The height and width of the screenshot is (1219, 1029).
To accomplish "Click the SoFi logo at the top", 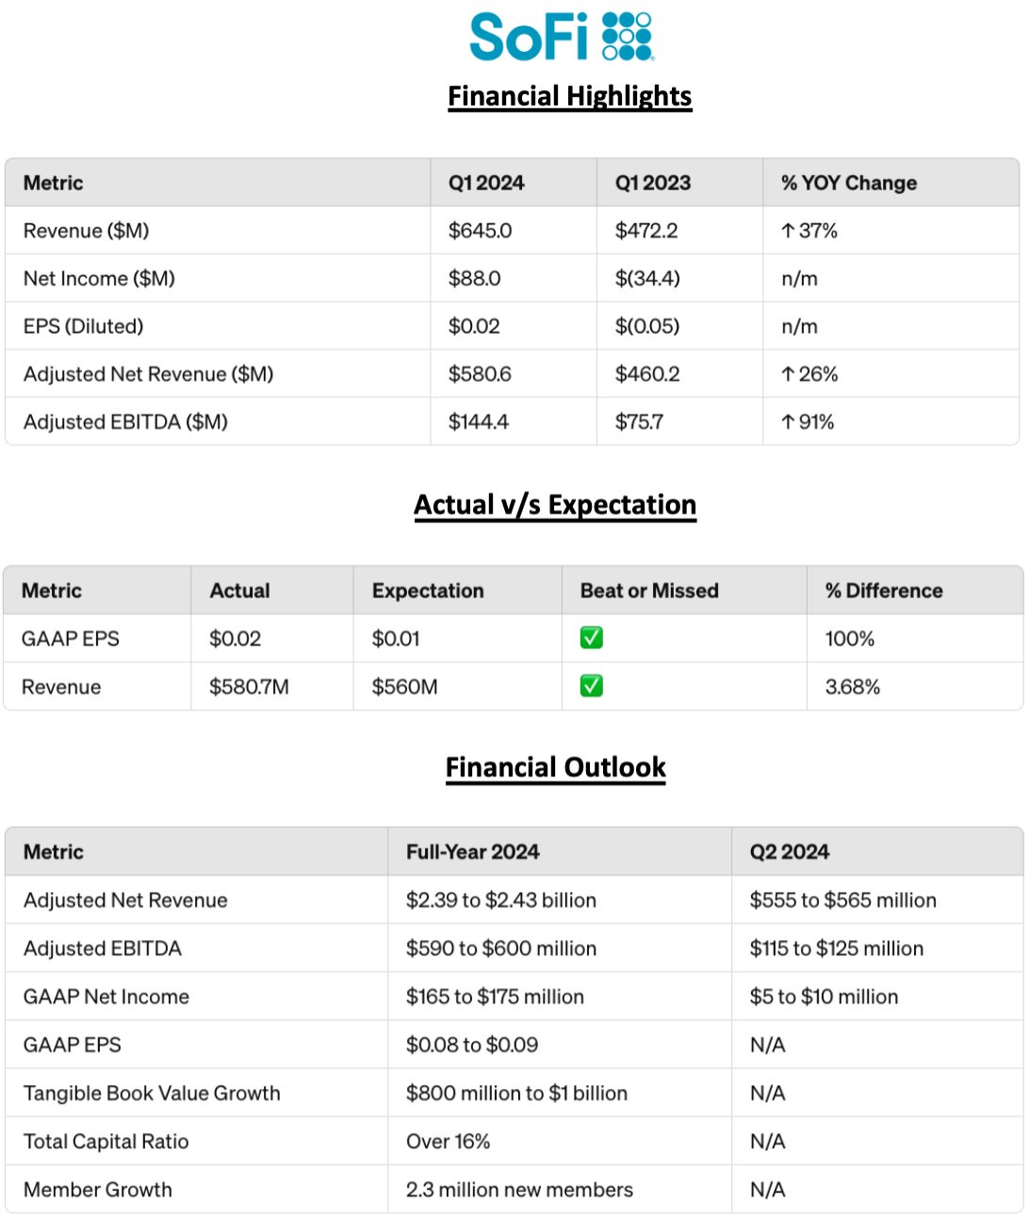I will pyautogui.click(x=561, y=37).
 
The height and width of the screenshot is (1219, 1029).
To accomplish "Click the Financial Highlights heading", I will pyautogui.click(x=569, y=96).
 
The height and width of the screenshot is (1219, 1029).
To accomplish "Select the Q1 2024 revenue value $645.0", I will pyautogui.click(x=480, y=231).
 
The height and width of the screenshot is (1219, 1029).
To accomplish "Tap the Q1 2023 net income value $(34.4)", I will pyautogui.click(x=647, y=279).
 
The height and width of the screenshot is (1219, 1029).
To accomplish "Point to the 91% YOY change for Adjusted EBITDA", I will pyautogui.click(x=808, y=422).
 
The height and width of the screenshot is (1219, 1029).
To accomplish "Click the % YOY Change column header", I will pyautogui.click(x=848, y=183).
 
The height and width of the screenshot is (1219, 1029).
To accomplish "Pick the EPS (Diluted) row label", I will pyautogui.click(x=84, y=327).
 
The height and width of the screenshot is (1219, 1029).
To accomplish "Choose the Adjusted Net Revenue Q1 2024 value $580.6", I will pyautogui.click(x=480, y=374).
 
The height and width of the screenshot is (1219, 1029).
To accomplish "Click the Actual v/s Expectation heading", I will pyautogui.click(x=555, y=505).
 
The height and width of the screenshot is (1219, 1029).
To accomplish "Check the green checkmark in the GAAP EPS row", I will pyautogui.click(x=592, y=639).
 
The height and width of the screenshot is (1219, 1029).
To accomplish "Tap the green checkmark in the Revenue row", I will pyautogui.click(x=592, y=687).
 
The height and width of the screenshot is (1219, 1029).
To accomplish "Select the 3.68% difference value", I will pyautogui.click(x=852, y=687).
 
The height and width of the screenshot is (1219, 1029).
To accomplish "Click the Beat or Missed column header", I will pyautogui.click(x=649, y=591).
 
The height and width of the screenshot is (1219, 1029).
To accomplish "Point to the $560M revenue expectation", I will pyautogui.click(x=404, y=687).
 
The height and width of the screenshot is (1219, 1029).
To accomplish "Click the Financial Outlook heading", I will pyautogui.click(x=555, y=768).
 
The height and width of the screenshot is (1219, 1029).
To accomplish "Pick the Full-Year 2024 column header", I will pyautogui.click(x=472, y=852).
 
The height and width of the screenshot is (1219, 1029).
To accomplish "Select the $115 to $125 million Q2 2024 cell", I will pyautogui.click(x=836, y=949).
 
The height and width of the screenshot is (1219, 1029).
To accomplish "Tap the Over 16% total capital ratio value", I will pyautogui.click(x=448, y=1142).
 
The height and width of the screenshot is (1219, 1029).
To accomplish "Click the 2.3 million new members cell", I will pyautogui.click(x=519, y=1190).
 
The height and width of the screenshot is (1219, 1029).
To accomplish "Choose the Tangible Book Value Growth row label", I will pyautogui.click(x=152, y=1094).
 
